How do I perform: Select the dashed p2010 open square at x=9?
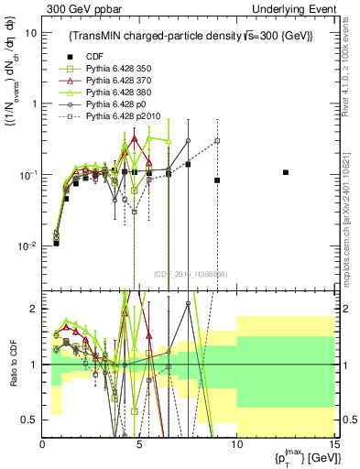pos(217,141)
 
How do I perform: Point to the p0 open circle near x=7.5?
pos(188,141)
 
